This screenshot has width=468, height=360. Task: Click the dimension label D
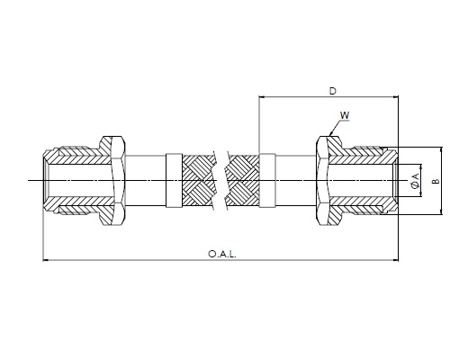pyautogui.click(x=333, y=91)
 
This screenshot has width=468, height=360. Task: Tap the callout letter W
pyautogui.click(x=345, y=115)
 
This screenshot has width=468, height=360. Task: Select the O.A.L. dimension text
pyautogui.click(x=222, y=254)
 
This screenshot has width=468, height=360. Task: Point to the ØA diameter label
pyautogui.click(x=415, y=181)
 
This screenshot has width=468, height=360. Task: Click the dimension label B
pyautogui.click(x=436, y=181)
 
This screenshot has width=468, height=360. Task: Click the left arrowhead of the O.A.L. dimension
pyautogui.click(x=46, y=260)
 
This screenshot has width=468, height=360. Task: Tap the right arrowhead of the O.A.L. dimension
pyautogui.click(x=395, y=260)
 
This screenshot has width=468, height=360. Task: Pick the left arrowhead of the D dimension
pyautogui.click(x=262, y=97)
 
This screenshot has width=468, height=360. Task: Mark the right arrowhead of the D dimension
pyautogui.click(x=395, y=97)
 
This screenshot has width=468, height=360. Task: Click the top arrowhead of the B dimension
pyautogui.click(x=442, y=150)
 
